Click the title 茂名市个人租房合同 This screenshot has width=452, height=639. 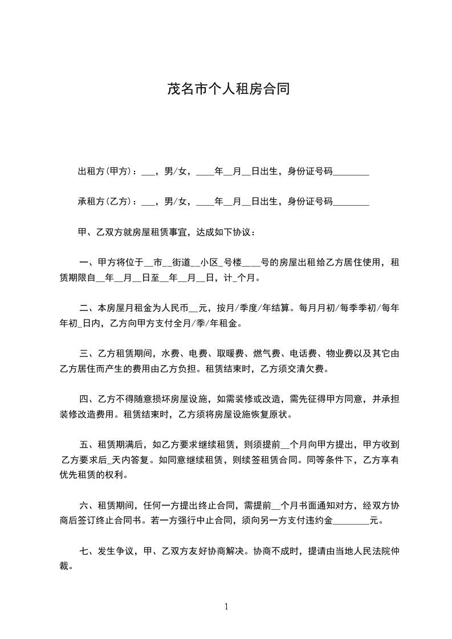[226, 89]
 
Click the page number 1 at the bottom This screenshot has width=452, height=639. [226, 607]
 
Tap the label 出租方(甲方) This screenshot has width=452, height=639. [104, 171]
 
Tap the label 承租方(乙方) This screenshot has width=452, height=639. [104, 201]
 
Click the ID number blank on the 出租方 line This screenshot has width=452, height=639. [351, 173]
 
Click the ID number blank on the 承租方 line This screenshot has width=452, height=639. [351, 202]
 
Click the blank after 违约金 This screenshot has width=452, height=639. [351, 521]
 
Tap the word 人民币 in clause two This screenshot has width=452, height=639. [173, 309]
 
